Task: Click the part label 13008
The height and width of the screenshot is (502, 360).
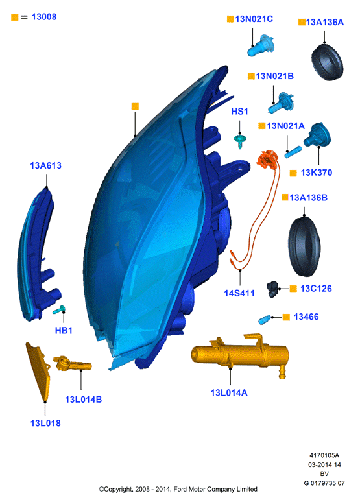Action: coord(44,17)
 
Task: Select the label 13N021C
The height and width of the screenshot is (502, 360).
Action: coord(254,19)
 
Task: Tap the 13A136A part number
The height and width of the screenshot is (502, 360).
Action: coord(325,23)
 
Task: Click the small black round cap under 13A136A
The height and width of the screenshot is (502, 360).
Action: coord(327,62)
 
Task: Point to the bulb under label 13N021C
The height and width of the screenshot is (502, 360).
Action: coord(261,45)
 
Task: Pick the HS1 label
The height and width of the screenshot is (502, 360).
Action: coord(239,112)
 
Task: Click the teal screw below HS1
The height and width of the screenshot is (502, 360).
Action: coord(240,141)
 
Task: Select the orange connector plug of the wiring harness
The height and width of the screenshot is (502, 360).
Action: coord(268,159)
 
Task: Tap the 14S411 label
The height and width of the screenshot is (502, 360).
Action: coord(239,293)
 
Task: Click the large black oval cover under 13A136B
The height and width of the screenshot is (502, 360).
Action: coord(304,246)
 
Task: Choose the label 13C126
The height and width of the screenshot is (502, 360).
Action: coord(316,289)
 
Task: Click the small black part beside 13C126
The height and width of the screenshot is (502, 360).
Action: coord(272,289)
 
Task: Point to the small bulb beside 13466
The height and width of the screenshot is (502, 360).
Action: coord(265,319)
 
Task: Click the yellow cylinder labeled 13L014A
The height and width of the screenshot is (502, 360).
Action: coord(240,353)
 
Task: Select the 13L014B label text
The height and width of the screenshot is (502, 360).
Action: coord(84,400)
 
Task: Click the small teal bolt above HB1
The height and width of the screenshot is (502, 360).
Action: coord(59,309)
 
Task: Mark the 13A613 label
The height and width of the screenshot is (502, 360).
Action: coord(46,165)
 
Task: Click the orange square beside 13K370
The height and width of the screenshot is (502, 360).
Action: coord(293,173)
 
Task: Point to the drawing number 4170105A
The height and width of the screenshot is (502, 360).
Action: coord(324,455)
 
